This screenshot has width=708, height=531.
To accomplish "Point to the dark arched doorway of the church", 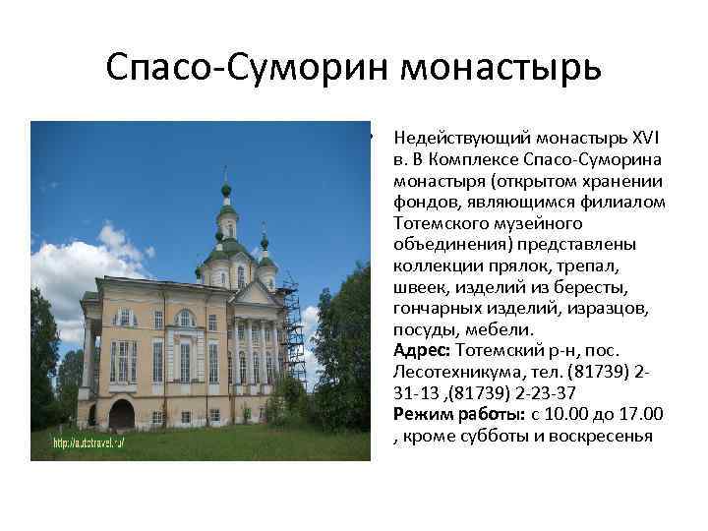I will click(x=121, y=414).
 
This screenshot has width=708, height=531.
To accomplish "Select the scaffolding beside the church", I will click(x=291, y=334).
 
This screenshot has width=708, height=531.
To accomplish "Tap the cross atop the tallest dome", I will click(x=225, y=175).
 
